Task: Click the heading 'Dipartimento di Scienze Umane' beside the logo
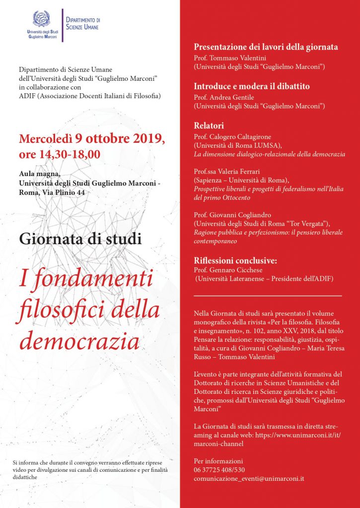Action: [83, 23]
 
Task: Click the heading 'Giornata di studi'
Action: [80, 239]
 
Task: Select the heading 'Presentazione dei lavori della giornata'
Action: [266, 47]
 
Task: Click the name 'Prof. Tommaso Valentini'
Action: [229, 58]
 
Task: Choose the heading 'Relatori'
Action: [209, 125]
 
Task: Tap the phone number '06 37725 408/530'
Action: [219, 469]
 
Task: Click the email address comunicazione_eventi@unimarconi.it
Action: [256, 479]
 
